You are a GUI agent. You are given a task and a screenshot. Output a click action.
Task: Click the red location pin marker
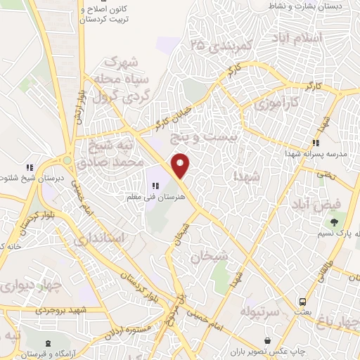point(181,166)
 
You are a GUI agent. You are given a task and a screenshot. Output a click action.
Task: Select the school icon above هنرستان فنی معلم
point(155,186)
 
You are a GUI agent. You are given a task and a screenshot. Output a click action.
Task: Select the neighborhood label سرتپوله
point(261,310)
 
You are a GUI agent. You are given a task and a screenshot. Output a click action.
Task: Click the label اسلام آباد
point(319,37)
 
